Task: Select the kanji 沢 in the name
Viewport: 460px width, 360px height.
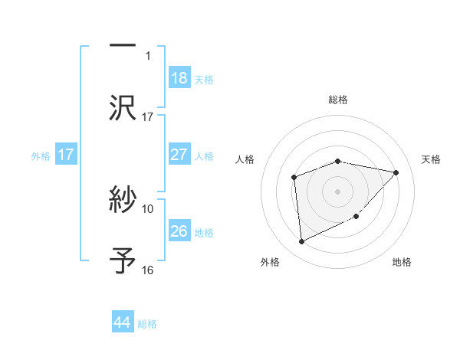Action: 123,107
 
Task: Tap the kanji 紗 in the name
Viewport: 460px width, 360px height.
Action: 123,201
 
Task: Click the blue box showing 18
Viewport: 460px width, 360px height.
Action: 179,78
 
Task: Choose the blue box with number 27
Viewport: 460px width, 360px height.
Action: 179,155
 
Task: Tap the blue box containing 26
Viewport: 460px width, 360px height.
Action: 179,231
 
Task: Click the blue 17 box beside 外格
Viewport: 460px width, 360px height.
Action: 66,155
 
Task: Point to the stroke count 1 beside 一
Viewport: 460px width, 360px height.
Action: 149,55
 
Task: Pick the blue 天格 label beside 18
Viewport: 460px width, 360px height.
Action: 204,79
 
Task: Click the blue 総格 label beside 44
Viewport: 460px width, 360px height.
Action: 147,324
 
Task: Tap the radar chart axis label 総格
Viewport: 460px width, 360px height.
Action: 337,100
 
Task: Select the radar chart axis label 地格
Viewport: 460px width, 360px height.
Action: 402,263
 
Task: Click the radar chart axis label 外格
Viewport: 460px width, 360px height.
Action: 270,263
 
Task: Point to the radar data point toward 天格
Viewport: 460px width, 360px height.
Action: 396,172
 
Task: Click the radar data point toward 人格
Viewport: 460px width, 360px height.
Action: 294,178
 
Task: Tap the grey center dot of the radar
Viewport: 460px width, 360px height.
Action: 337,191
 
